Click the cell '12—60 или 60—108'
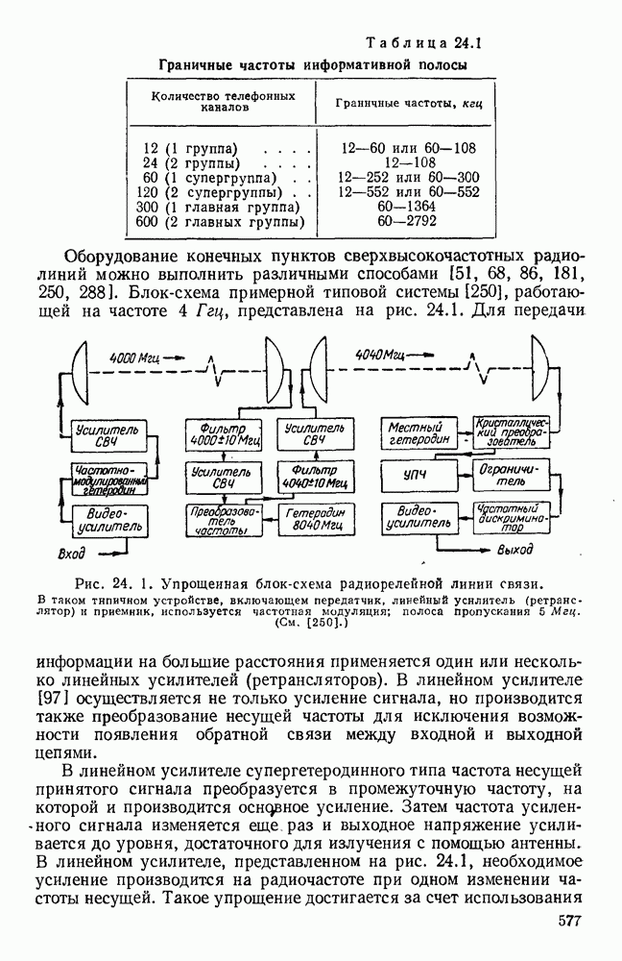[399, 149]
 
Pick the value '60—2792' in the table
[399, 222]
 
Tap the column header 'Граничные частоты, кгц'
[399, 102]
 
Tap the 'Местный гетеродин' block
[417, 432]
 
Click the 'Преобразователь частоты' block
[218, 520]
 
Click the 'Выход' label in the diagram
[516, 552]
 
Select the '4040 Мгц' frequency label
[377, 356]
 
